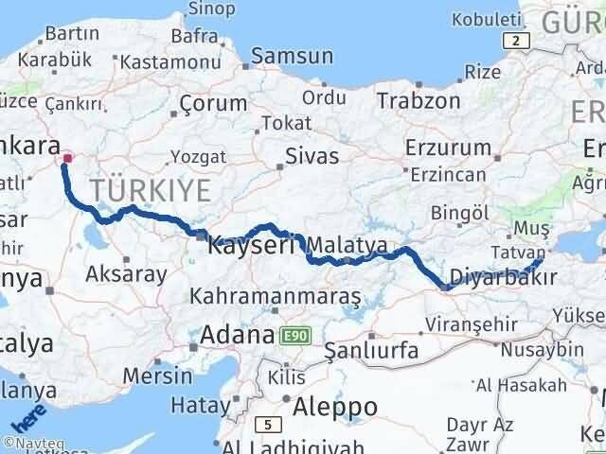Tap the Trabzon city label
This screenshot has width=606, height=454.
click(x=418, y=99)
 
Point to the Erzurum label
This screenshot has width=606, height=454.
click(x=448, y=148)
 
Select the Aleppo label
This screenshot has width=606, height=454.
click(x=335, y=407)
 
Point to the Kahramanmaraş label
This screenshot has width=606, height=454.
click(x=276, y=297)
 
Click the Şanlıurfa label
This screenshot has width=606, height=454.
click(x=371, y=350)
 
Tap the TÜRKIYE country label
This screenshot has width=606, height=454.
click(x=151, y=189)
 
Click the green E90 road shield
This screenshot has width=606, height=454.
click(x=294, y=336)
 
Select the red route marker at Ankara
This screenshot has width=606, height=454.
click(x=66, y=158)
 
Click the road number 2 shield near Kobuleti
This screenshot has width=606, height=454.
click(x=515, y=40)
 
